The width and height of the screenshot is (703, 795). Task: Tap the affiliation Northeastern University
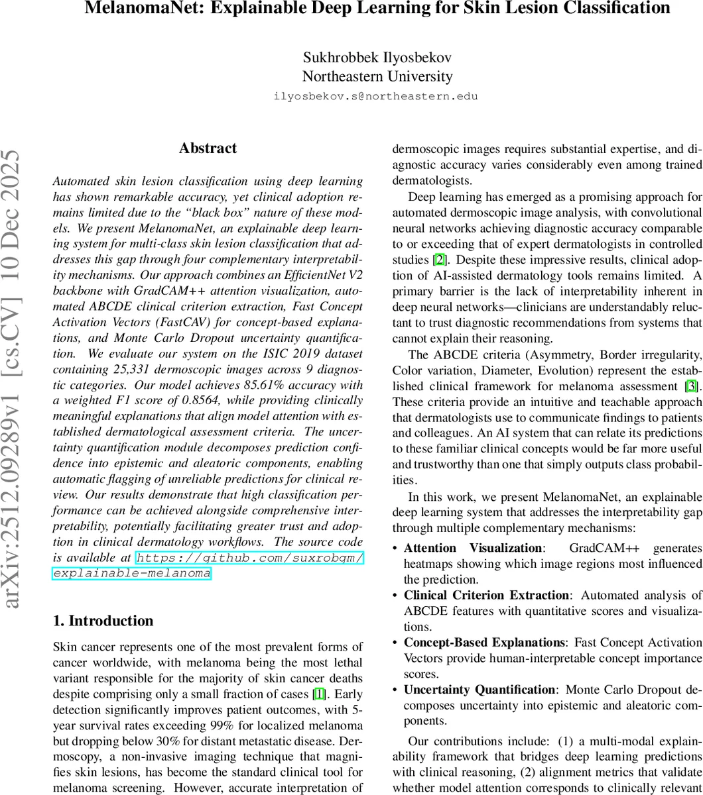pyautogui.click(x=377, y=76)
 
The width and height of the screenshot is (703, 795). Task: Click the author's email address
pyautogui.click(x=375, y=96)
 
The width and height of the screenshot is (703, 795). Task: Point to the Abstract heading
pyautogui.click(x=208, y=148)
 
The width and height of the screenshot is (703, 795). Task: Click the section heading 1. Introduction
pyautogui.click(x=103, y=621)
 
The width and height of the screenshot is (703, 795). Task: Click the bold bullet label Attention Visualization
pyautogui.click(x=473, y=548)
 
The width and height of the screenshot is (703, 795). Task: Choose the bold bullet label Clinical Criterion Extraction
pyautogui.click(x=486, y=596)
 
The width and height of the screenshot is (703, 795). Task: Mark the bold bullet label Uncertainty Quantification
pyautogui.click(x=479, y=690)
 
